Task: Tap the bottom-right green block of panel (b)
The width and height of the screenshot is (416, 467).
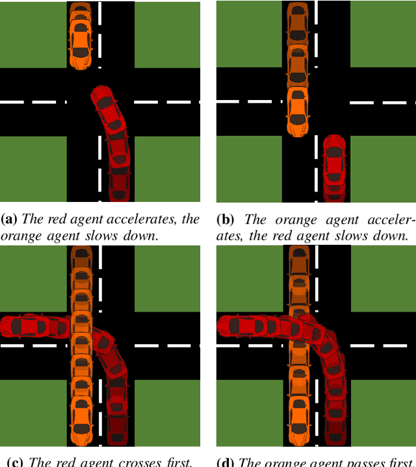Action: [383, 169]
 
